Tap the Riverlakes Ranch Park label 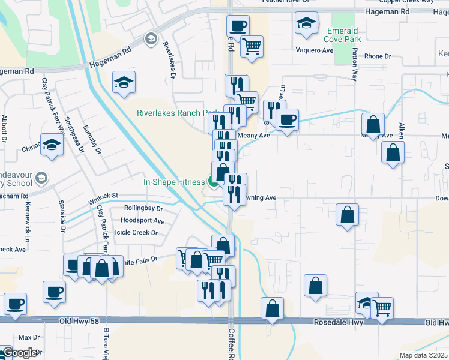178,113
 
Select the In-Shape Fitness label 174,181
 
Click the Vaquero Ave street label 314,50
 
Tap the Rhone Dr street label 378,56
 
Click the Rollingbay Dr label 143,208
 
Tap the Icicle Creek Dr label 136,232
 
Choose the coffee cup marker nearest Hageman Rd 238,26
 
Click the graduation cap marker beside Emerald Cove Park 307,23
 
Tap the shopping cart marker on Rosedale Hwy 382,308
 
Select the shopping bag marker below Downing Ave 347,215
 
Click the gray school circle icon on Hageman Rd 150,40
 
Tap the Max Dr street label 29,337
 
